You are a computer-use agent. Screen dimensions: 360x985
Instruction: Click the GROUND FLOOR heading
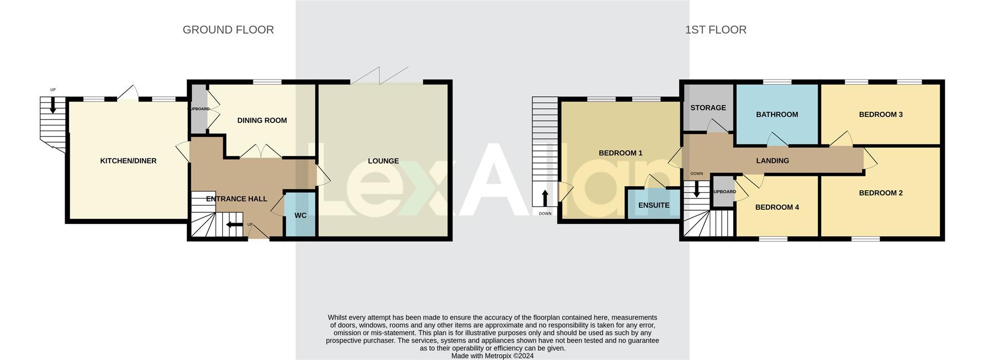[x=228, y=30]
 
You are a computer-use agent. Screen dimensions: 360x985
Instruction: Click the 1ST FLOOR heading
[x=716, y=30]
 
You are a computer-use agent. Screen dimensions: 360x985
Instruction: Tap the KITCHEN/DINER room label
[x=128, y=161]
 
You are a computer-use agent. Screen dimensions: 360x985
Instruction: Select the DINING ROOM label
[x=262, y=121]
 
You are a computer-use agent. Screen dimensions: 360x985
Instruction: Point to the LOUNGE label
[x=383, y=161]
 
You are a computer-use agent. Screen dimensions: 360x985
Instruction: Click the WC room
[x=301, y=215]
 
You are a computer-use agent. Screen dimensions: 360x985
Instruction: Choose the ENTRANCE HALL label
[x=237, y=199]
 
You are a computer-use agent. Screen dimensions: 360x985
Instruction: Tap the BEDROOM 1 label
[x=620, y=153]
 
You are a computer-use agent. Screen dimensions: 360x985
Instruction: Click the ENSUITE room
[x=654, y=205]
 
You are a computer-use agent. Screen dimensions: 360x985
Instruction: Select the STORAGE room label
[x=708, y=108]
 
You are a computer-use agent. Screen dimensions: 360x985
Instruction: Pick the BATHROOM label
[x=777, y=114]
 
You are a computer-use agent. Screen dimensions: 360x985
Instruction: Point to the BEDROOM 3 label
[x=881, y=114]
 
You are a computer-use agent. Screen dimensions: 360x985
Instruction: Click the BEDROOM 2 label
[x=881, y=193]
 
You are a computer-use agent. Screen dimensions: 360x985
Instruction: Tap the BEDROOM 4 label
[x=777, y=207]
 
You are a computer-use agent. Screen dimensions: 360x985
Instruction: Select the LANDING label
[x=773, y=161]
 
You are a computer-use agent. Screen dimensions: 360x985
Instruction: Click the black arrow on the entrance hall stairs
[x=235, y=224]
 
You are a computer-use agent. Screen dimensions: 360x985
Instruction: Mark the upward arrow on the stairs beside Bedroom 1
[x=545, y=198]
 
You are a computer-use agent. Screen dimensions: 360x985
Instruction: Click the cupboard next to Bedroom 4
[x=724, y=192]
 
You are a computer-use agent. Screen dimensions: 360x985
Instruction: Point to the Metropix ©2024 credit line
[x=492, y=356]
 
